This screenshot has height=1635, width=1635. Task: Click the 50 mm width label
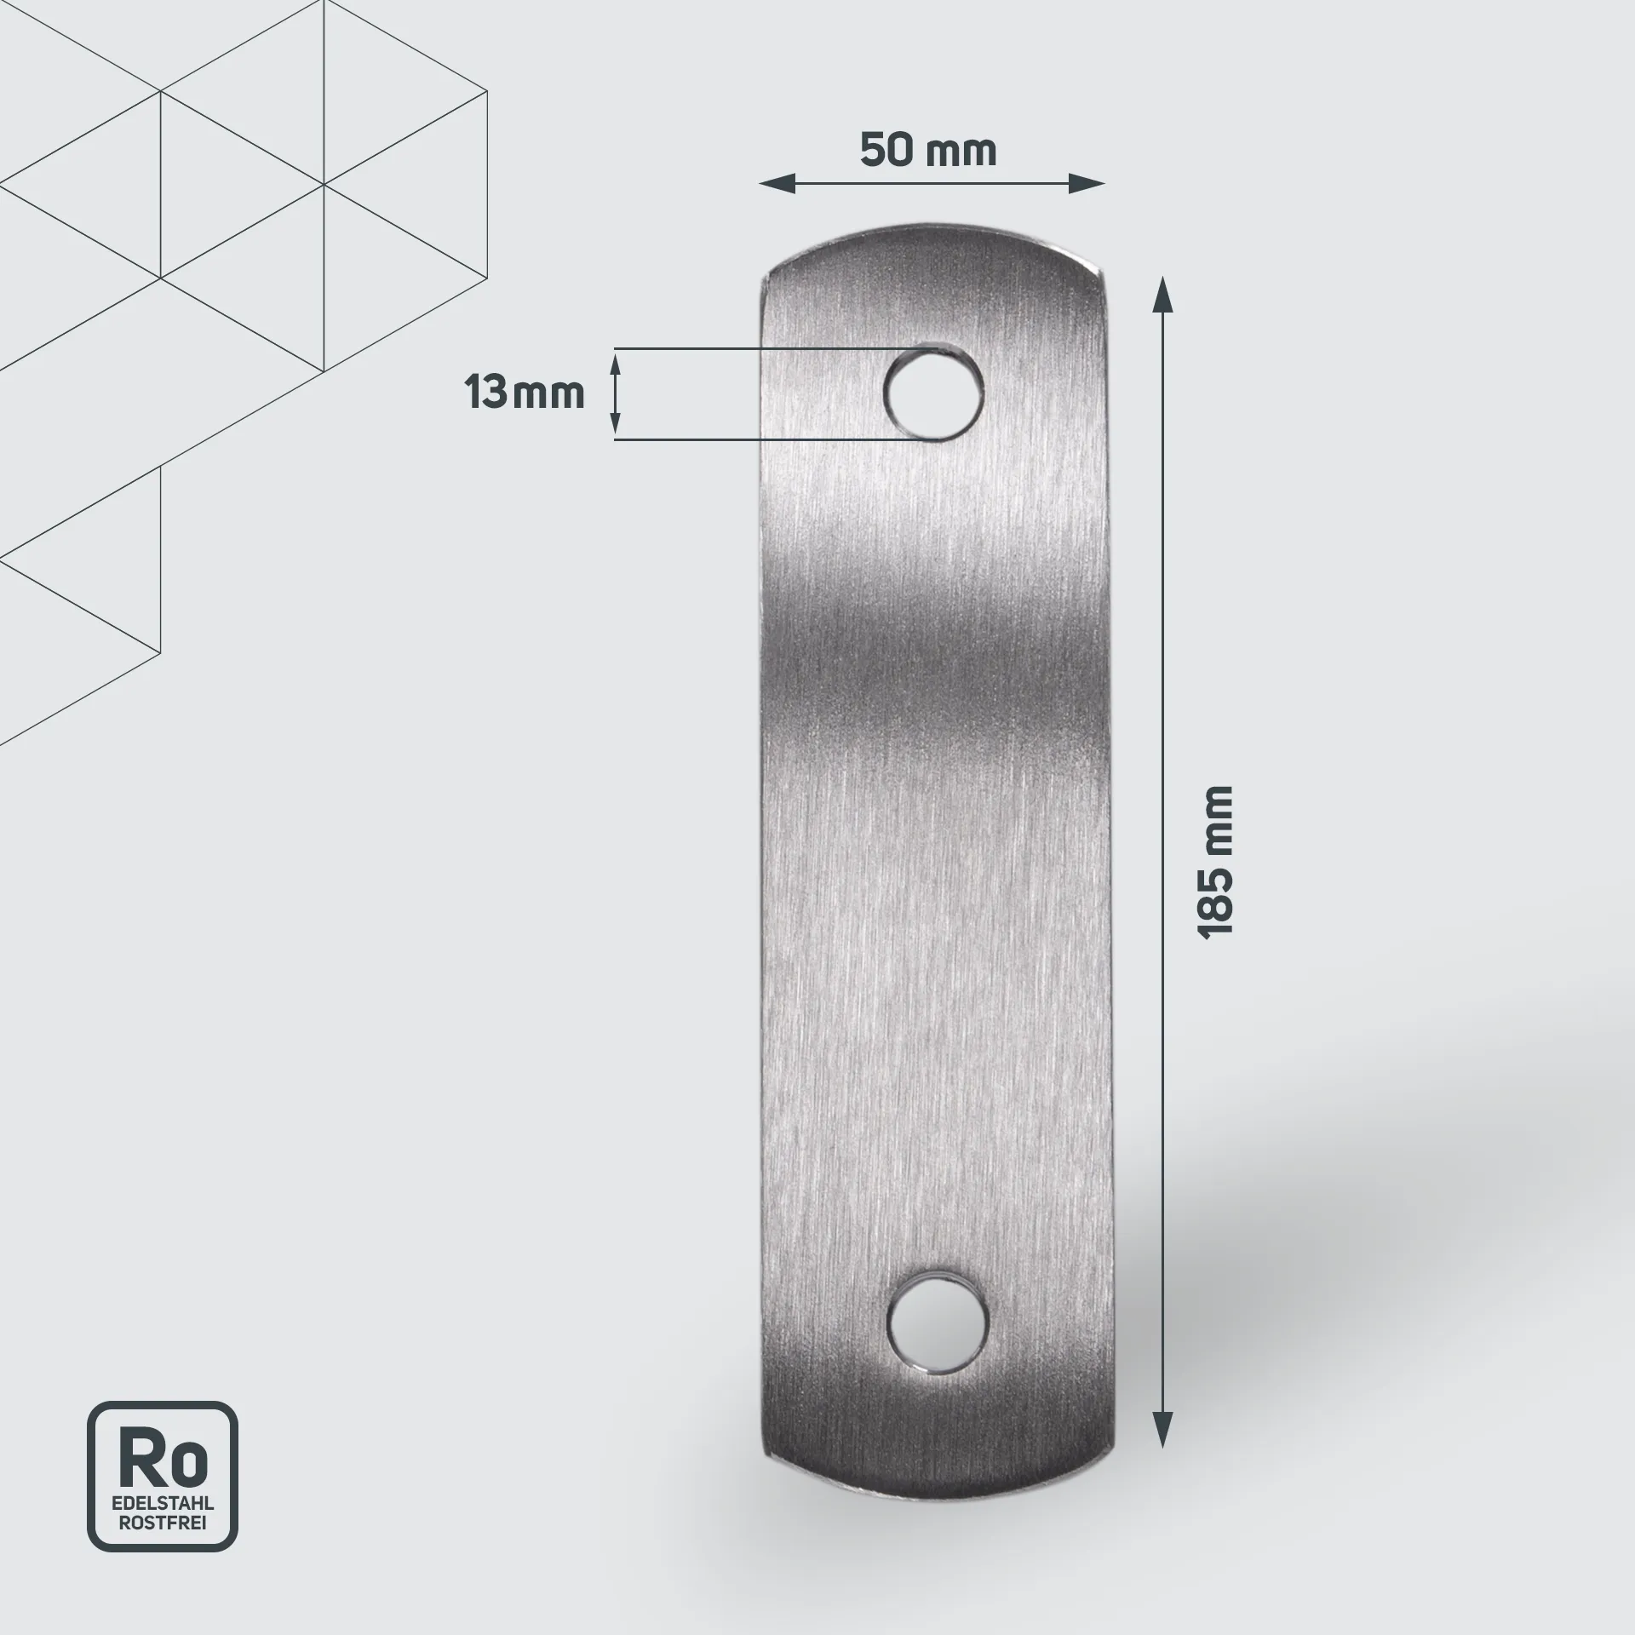click(x=927, y=151)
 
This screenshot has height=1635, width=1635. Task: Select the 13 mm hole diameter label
click(x=525, y=393)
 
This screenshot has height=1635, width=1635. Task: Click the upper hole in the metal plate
click(x=934, y=394)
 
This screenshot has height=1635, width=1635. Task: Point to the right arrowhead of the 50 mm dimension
click(x=1087, y=183)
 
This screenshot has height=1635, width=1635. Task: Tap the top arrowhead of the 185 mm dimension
click(x=1162, y=294)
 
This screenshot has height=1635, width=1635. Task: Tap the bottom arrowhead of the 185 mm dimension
click(x=1162, y=1430)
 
